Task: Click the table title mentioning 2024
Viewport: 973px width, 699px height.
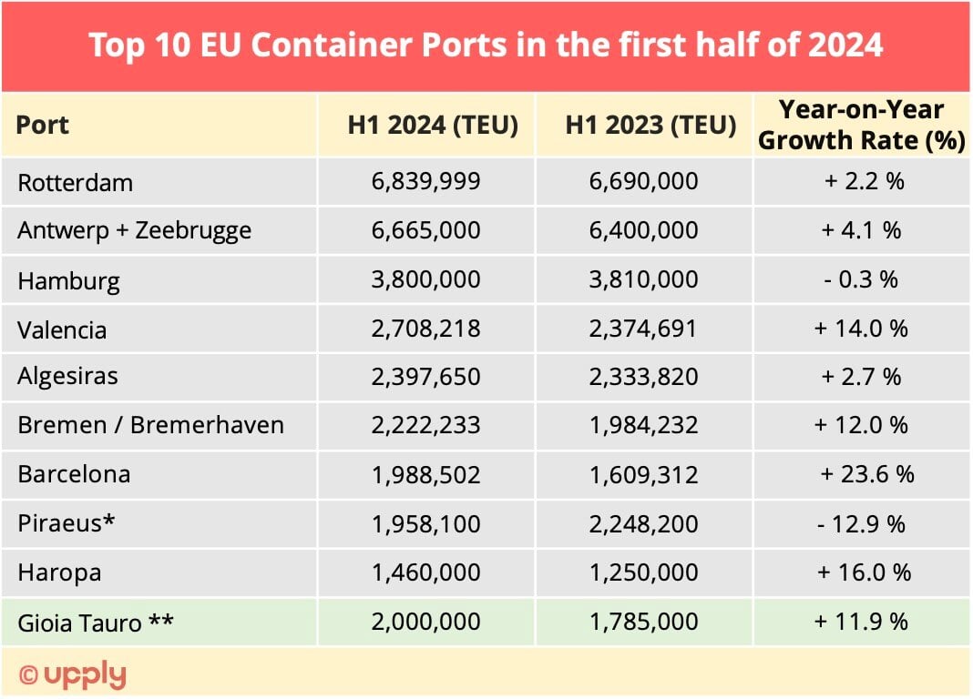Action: (x=486, y=46)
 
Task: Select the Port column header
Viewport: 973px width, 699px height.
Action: (x=43, y=125)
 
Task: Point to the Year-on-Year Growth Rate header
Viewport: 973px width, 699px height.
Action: (x=862, y=125)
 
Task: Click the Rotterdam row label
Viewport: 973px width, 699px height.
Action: (x=75, y=182)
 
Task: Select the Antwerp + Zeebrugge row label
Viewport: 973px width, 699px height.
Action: (x=134, y=230)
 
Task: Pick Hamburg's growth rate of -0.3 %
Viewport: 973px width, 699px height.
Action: (x=861, y=279)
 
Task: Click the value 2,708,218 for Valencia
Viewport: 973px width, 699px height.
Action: (x=425, y=328)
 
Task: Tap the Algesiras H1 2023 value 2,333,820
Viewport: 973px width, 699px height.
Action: (x=643, y=377)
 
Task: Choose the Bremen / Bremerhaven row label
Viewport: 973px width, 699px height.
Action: (x=150, y=425)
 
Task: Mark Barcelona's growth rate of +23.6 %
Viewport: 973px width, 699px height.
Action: (x=866, y=474)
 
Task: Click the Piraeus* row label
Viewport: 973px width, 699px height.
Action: (x=67, y=524)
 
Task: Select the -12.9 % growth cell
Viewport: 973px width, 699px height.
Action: (x=861, y=524)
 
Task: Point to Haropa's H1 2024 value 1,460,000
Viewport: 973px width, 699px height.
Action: (x=425, y=572)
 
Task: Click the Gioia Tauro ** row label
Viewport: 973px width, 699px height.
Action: (x=96, y=623)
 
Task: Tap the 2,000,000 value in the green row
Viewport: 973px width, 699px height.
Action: (x=425, y=622)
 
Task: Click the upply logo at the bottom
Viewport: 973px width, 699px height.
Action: (x=73, y=674)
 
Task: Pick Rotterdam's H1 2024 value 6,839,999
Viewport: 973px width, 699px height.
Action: (x=425, y=181)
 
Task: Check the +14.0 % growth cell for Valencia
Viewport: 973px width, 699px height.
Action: (x=861, y=328)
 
